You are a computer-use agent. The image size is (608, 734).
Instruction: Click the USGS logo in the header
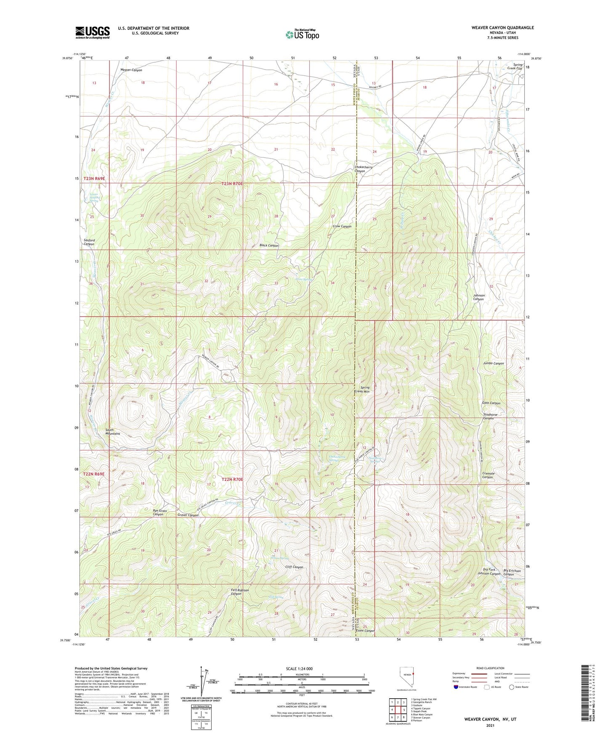click(x=93, y=32)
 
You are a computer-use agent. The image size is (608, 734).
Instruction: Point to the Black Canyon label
click(x=269, y=245)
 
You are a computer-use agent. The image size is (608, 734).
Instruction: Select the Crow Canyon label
click(x=342, y=226)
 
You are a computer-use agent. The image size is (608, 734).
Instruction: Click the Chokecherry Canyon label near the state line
click(x=364, y=169)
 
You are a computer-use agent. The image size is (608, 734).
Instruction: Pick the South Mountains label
click(x=112, y=432)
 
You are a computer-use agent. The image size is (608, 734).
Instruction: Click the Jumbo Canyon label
click(x=493, y=363)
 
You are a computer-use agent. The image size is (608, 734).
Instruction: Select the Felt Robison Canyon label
click(x=240, y=592)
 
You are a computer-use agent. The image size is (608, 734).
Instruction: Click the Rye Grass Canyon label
click(x=160, y=513)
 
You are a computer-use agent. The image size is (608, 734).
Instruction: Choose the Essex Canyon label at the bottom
click(x=365, y=631)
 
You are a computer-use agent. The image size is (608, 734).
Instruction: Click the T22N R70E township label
click(x=232, y=479)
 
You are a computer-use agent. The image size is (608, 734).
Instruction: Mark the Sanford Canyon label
click(x=89, y=242)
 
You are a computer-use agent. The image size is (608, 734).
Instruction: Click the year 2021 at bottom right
click(x=490, y=726)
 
